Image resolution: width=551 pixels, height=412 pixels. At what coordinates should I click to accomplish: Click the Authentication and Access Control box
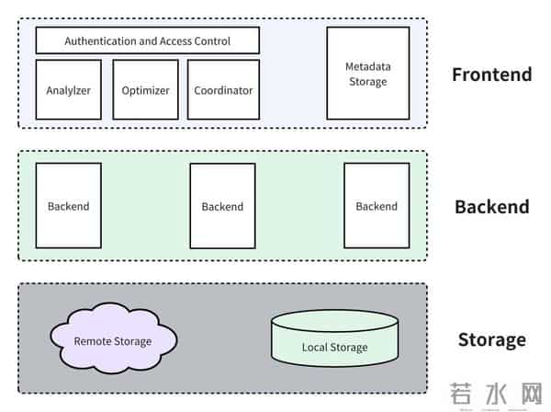coord(147,40)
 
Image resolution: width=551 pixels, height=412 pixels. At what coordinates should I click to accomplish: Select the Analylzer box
coord(68,90)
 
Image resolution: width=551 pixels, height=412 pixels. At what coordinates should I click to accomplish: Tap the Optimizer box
coord(145,90)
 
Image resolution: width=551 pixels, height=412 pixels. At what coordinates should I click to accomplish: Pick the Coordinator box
coord(223,90)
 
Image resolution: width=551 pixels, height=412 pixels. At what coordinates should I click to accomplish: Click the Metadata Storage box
coord(367,74)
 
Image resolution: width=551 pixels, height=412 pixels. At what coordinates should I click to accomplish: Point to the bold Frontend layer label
coord(491,74)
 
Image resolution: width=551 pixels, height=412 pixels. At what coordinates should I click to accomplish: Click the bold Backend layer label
coord(491,207)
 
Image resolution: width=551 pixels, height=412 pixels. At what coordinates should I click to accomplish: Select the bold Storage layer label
coord(491,340)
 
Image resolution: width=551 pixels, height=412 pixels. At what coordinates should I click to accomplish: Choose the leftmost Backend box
coord(68,206)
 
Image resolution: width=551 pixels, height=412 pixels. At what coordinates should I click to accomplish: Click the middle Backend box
coord(222,206)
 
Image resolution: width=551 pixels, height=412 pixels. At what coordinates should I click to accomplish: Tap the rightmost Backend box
coord(377,206)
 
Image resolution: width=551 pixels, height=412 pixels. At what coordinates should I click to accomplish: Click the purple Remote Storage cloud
coord(112,341)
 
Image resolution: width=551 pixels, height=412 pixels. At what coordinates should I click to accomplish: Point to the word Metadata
coord(367,67)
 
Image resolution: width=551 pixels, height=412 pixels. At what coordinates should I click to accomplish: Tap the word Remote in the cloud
coord(93,341)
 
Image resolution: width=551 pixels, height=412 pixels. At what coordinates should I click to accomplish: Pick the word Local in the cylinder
coord(316,348)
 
